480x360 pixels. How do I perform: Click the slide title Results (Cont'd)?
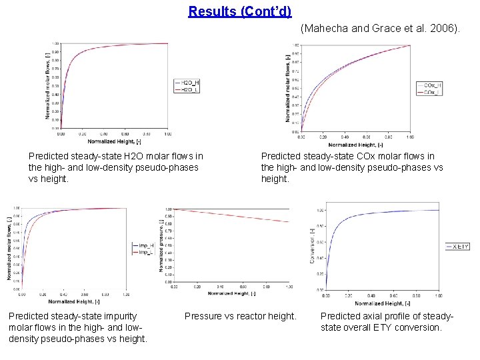240,11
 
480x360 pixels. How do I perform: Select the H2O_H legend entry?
187,83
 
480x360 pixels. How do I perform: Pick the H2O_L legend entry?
187,89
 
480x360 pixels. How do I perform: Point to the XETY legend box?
457,247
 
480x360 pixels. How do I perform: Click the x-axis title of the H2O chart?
114,141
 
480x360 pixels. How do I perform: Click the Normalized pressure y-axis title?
161,246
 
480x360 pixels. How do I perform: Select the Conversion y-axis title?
312,246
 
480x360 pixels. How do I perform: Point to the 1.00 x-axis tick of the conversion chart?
437,295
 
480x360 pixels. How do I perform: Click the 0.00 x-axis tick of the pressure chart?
174,287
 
